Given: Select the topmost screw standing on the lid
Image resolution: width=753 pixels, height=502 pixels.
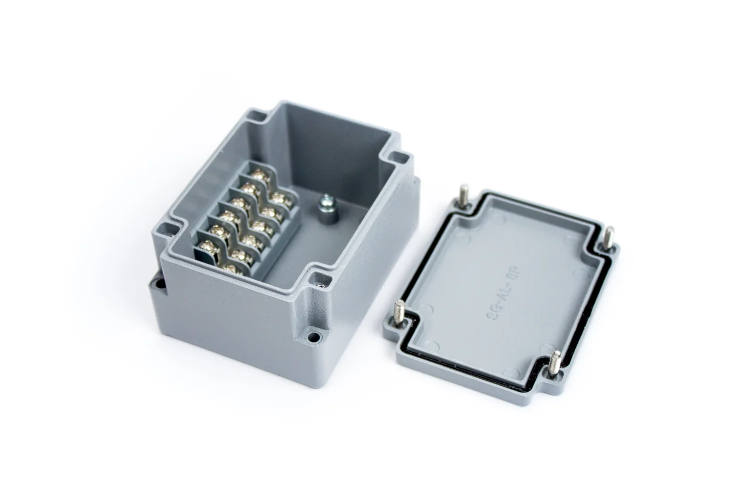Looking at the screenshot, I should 462,196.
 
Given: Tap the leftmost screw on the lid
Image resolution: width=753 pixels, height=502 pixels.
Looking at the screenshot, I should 401,312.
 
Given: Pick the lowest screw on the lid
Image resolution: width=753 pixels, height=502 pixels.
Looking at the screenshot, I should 555,362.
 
